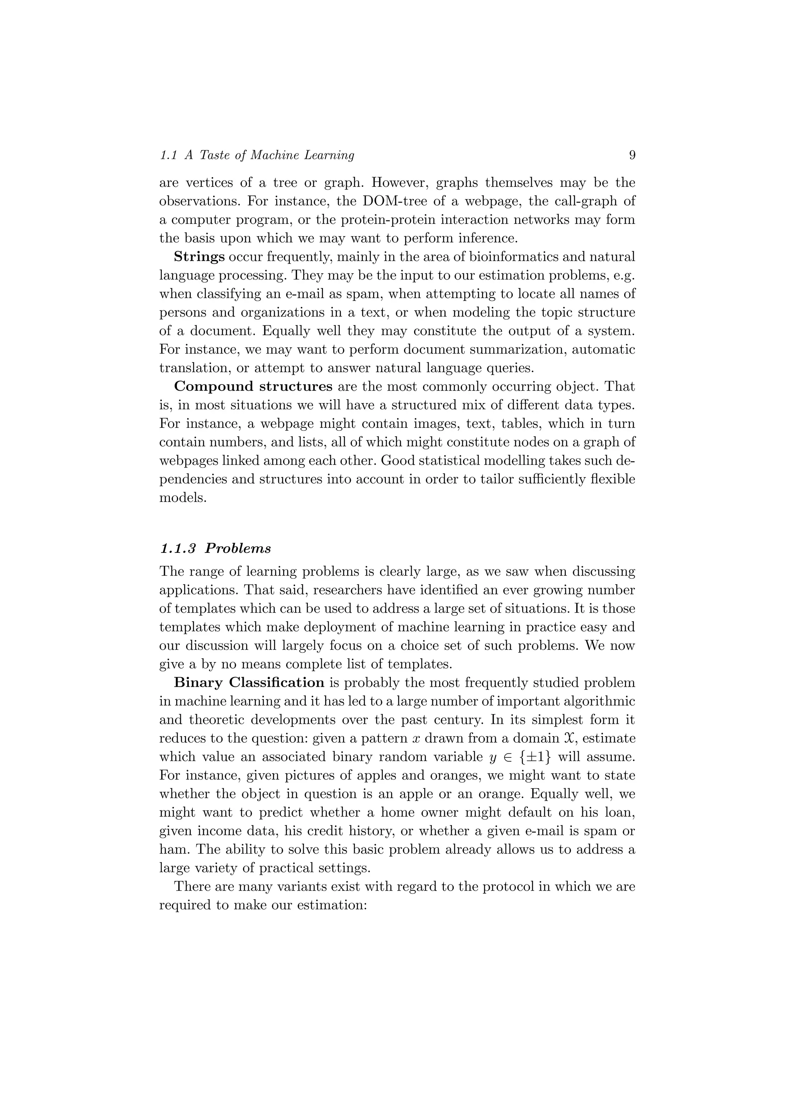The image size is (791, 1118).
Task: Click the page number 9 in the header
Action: click(632, 155)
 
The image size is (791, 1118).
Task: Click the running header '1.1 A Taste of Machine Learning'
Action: click(257, 155)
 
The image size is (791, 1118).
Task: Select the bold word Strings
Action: click(199, 257)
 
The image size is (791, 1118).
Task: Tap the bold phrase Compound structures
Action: click(253, 386)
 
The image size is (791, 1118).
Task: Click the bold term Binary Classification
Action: click(249, 682)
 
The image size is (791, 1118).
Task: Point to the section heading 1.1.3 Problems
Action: click(215, 548)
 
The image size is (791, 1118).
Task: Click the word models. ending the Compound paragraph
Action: click(183, 498)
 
